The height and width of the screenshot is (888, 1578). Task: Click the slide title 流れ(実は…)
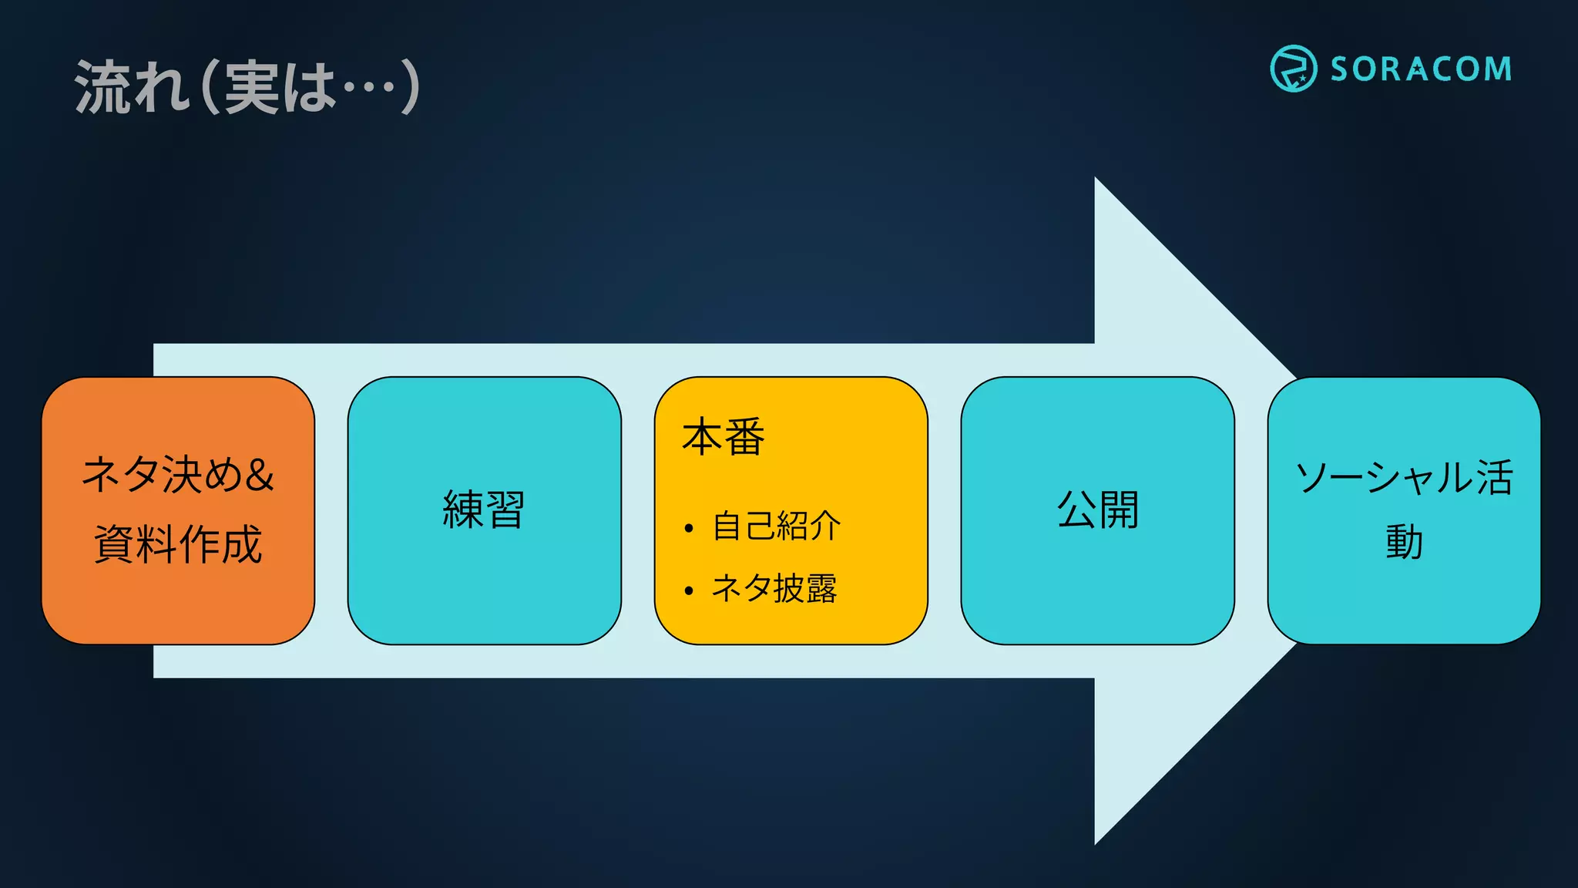(x=247, y=87)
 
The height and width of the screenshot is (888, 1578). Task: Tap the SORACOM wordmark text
(x=1421, y=69)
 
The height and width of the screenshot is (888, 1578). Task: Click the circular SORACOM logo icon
(x=1293, y=69)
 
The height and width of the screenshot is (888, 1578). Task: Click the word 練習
(x=484, y=510)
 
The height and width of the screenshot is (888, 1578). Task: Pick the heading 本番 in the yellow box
(x=723, y=437)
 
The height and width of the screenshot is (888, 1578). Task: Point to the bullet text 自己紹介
(x=776, y=526)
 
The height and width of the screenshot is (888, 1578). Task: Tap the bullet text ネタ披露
(x=774, y=589)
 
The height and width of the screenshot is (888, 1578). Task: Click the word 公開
(x=1097, y=510)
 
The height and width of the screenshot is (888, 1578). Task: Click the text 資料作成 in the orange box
(x=178, y=544)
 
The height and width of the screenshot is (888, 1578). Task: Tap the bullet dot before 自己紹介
(x=689, y=528)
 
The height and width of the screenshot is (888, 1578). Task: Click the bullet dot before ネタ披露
(x=689, y=591)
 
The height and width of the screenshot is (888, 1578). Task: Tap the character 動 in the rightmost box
(x=1404, y=542)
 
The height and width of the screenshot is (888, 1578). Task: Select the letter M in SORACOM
(x=1497, y=69)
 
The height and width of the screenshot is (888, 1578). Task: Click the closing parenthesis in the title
(x=410, y=87)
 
